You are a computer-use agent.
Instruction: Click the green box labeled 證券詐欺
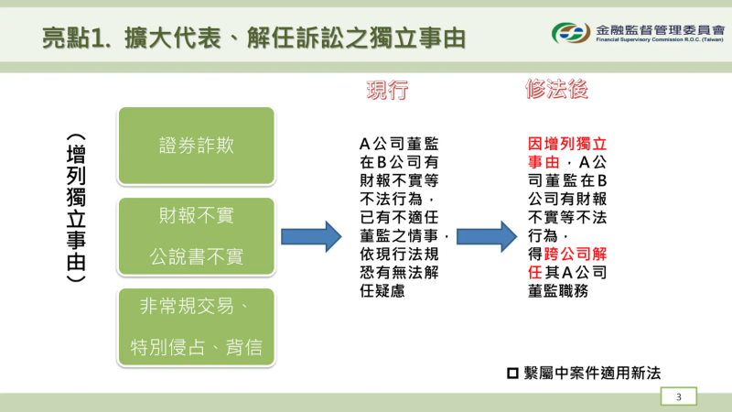[196, 145]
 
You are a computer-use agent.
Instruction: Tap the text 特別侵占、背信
[196, 346]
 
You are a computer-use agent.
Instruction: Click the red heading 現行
[386, 90]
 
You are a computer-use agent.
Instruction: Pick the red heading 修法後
[555, 90]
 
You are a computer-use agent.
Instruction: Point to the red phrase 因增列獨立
[568, 144]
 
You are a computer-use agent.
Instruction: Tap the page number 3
[679, 396]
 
